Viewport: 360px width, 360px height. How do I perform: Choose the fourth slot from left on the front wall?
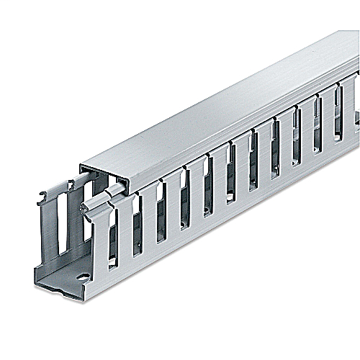pos(184,202)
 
